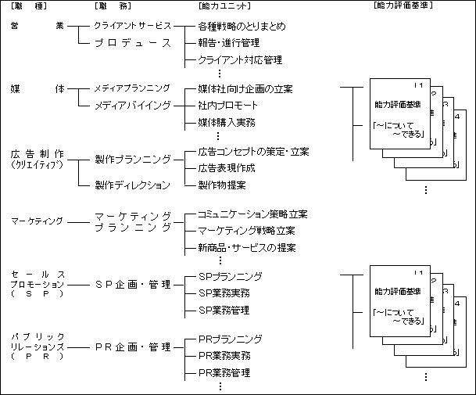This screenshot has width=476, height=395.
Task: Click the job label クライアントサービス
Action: coord(132,26)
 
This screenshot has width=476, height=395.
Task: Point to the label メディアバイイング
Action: coord(132,105)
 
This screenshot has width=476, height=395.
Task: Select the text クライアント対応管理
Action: coord(240,60)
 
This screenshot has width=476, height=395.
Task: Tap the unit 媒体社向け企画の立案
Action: coord(245,88)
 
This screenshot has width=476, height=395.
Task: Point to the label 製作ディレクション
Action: coord(132,185)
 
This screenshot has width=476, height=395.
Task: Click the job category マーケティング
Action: coord(37,221)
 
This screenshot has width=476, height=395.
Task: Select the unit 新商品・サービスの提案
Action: coord(247,248)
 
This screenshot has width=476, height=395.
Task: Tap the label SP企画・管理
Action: coord(132,284)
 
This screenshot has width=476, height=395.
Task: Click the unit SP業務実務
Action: coord(224,293)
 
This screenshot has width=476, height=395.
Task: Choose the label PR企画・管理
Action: coord(132,347)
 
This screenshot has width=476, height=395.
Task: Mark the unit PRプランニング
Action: coord(230,339)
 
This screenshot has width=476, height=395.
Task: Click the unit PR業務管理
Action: coord(224,373)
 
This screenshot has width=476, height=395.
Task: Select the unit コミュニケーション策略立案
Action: coord(252,214)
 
